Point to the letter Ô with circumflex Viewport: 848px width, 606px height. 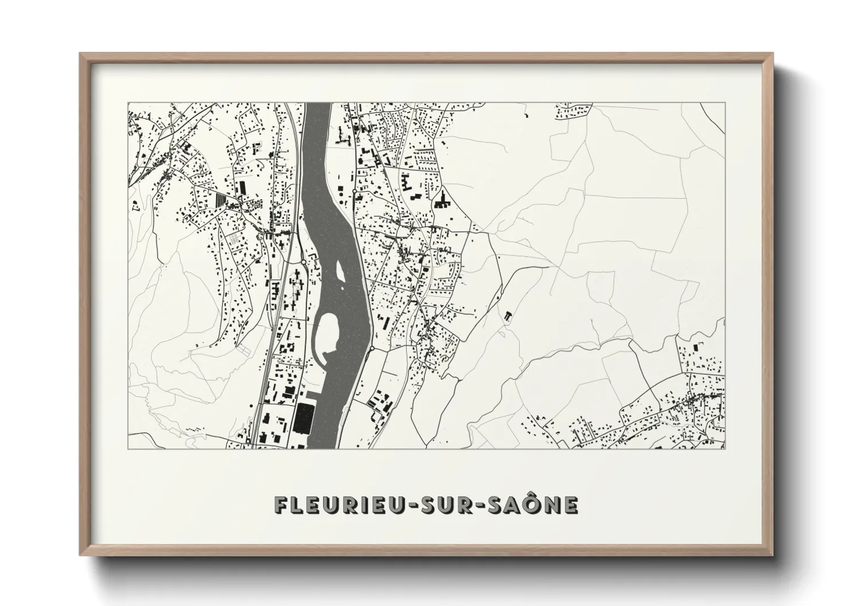point(534,503)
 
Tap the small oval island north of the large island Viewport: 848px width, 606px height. point(339,269)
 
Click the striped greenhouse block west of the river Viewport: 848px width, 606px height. point(221,199)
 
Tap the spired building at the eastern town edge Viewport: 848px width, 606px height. point(442,199)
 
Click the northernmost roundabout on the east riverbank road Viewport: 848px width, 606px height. point(355,190)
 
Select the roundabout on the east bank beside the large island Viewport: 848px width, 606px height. point(372,348)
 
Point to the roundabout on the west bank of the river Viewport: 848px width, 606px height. point(303,262)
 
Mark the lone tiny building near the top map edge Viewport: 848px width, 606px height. point(525,116)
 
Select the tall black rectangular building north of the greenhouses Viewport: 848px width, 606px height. point(242,187)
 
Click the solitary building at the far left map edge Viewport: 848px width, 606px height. point(135,204)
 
